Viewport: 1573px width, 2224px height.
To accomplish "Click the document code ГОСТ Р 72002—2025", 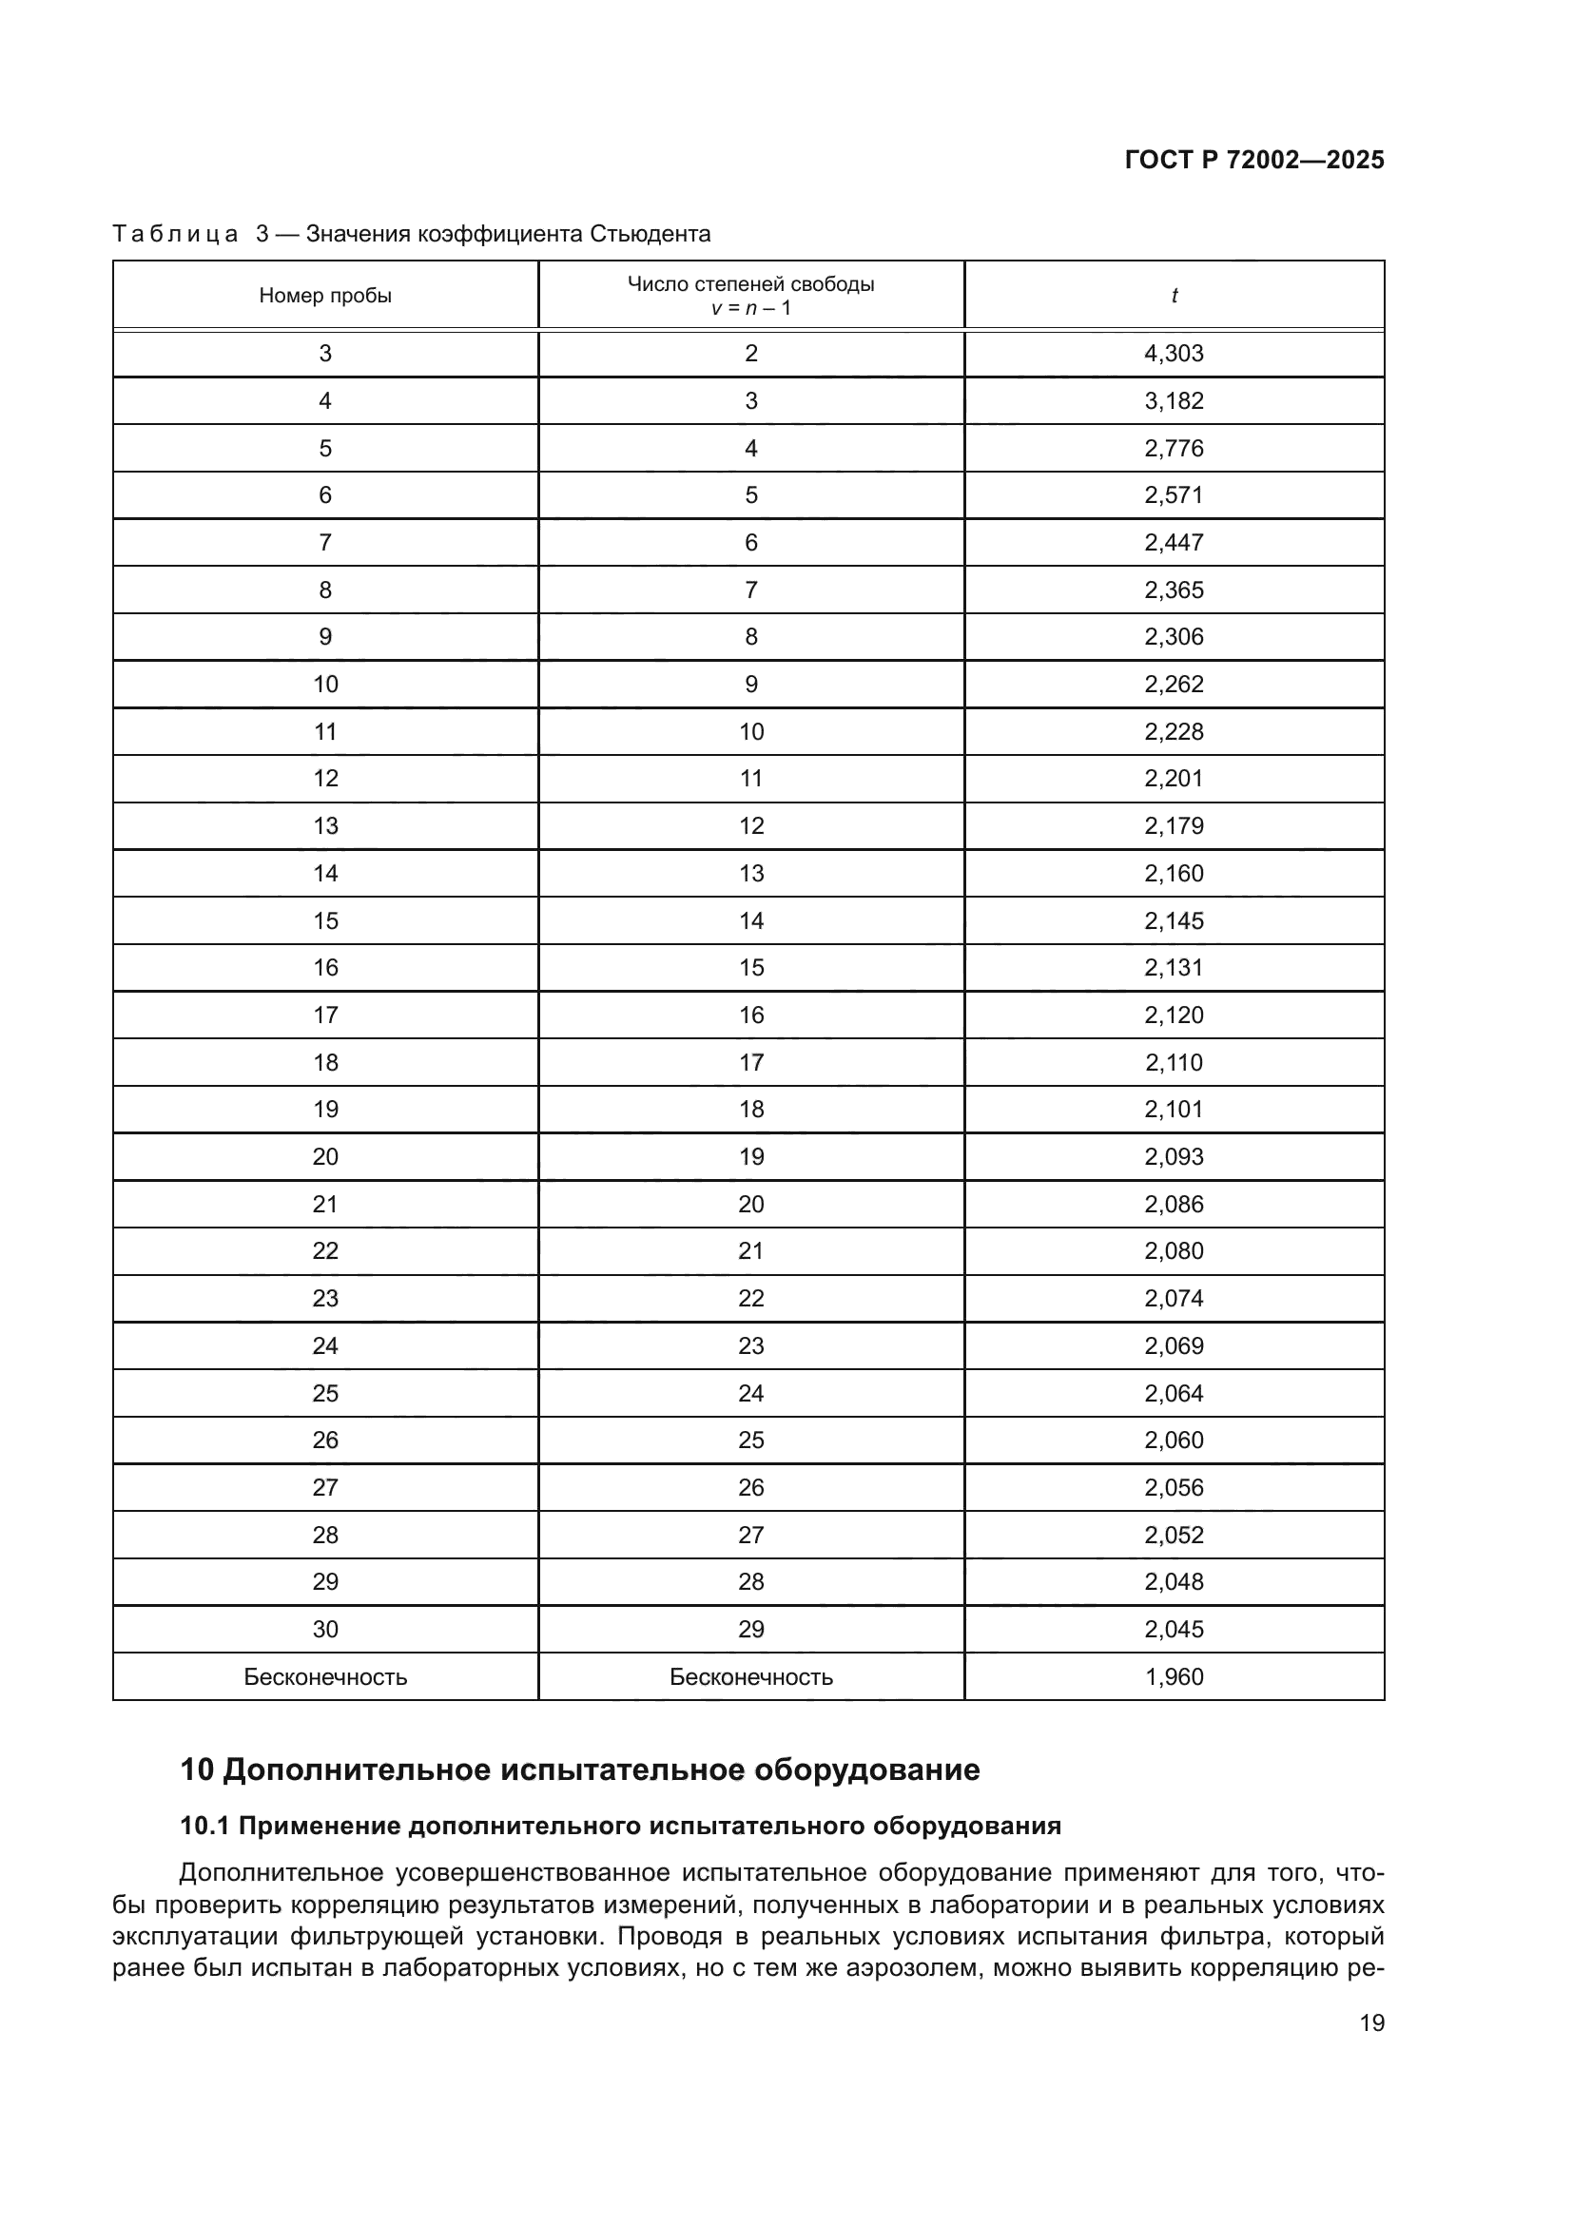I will [1254, 160].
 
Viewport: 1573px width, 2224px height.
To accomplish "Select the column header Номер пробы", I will [325, 296].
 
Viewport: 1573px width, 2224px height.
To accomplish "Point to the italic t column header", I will [1174, 296].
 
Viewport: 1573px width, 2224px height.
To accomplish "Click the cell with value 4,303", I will [1174, 354].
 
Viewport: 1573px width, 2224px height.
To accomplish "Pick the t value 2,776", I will [1174, 449].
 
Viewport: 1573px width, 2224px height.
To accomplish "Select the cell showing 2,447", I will [1174, 542].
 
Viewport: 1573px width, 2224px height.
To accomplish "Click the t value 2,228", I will [1174, 731].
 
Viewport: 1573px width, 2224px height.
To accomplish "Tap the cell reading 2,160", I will [1174, 874].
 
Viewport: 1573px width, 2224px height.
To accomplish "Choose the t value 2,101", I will [1174, 1109].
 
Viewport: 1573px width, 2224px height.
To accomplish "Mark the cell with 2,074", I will [1174, 1298].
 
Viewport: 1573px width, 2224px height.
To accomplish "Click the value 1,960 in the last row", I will [1174, 1676].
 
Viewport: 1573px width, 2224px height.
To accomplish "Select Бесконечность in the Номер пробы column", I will [325, 1676].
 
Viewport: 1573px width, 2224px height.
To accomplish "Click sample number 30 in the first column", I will [325, 1630].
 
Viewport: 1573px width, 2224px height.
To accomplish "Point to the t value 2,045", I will [1174, 1630].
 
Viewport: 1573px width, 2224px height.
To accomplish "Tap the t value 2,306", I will [1174, 636].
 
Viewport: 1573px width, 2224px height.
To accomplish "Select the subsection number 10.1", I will [204, 1826].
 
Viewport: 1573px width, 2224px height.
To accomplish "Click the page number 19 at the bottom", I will [1371, 2022].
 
